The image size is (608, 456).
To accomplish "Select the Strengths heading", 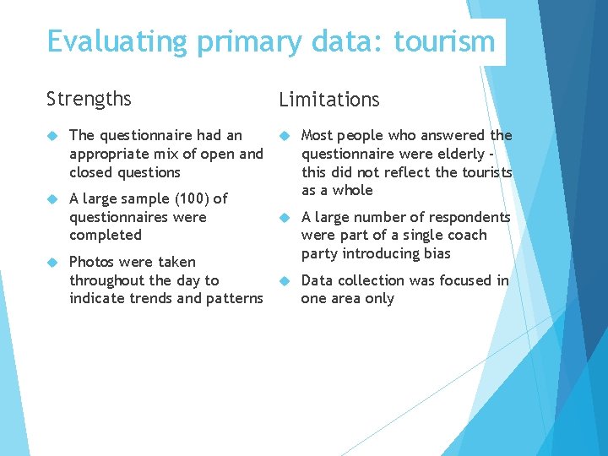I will tap(89, 99).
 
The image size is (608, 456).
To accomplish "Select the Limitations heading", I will tap(328, 100).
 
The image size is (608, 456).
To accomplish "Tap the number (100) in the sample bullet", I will tap(188, 198).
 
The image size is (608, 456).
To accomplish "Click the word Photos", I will tap(91, 262).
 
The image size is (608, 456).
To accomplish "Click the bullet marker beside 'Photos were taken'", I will tap(52, 262).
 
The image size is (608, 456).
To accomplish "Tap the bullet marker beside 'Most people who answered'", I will tap(285, 135).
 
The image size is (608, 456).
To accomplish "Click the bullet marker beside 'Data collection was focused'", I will tap(285, 280).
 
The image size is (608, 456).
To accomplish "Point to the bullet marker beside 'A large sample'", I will tap(52, 198).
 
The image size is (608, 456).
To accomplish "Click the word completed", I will tap(106, 235).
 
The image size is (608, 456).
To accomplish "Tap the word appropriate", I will tap(110, 154).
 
